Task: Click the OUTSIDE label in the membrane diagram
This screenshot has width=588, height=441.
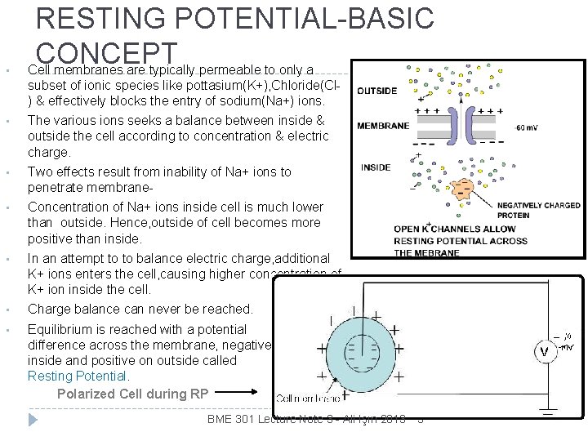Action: (377, 91)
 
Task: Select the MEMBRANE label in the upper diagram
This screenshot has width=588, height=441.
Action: (383, 126)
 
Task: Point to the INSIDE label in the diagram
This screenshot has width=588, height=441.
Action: (376, 167)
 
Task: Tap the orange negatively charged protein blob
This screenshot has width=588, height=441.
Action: (462, 189)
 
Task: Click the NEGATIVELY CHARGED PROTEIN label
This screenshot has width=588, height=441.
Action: (538, 210)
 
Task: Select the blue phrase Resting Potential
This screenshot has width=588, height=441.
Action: (78, 376)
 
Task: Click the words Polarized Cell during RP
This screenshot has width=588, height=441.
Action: (133, 394)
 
